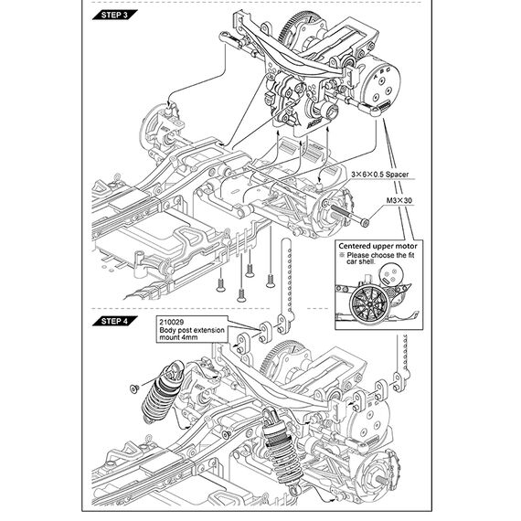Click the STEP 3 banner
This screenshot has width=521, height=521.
114,15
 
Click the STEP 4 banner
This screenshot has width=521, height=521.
114,321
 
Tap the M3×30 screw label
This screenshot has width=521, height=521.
399,200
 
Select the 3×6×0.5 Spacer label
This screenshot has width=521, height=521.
380,174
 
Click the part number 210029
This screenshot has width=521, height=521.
172,323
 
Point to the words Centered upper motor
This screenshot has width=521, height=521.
377,246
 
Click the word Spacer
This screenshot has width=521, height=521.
397,174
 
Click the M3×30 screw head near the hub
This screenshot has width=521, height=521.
366,222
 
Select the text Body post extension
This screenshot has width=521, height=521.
192,330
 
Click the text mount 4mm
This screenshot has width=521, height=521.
178,337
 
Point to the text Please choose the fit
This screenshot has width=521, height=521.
380,255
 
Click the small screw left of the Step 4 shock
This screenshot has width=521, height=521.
134,388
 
